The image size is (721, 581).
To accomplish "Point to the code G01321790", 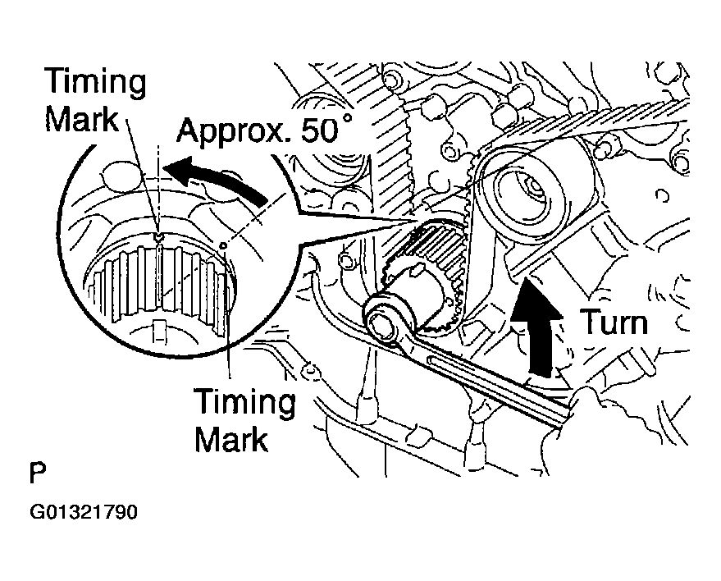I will point(84,514).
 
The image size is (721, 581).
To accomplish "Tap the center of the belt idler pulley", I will point(526,192).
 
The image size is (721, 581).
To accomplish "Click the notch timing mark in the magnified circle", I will point(158,238).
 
